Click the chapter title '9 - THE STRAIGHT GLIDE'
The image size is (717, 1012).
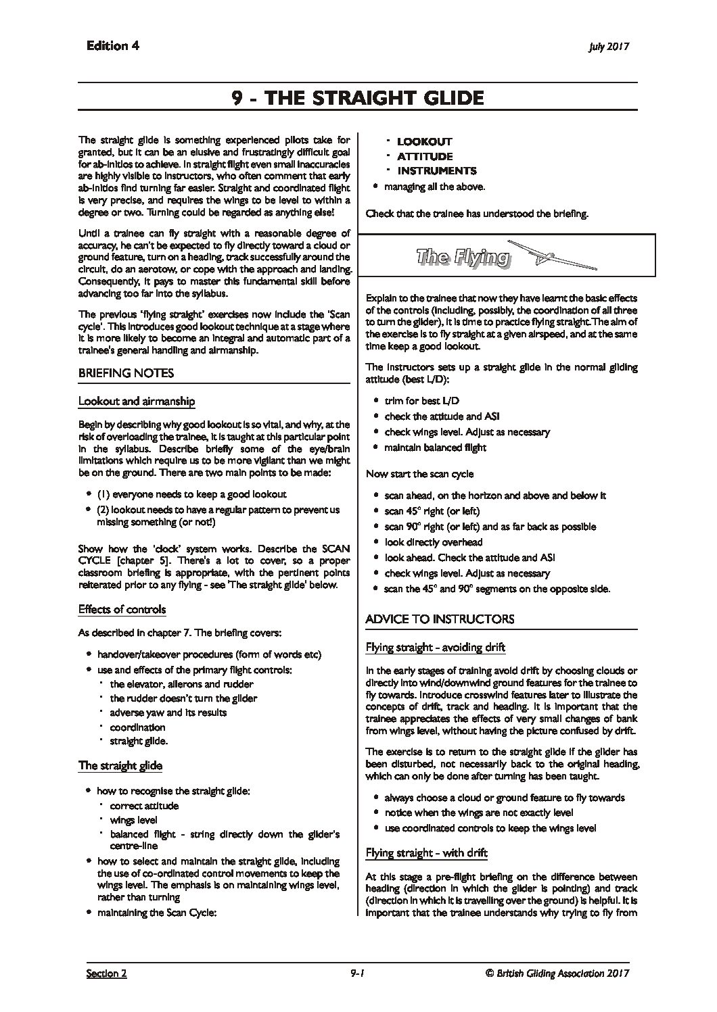(358, 98)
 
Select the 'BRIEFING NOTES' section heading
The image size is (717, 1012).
(126, 373)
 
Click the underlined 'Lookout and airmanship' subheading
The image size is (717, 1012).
(137, 401)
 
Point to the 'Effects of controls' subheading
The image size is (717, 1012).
(122, 609)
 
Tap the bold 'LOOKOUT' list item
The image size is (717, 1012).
(424, 142)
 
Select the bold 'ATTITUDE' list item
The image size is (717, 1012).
(425, 157)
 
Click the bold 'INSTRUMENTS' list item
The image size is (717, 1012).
(436, 171)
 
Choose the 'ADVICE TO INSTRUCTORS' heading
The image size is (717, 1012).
(440, 619)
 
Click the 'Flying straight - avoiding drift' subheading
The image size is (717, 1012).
(435, 648)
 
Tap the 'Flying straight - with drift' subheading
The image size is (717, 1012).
(426, 852)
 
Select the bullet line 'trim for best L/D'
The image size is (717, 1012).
(421, 401)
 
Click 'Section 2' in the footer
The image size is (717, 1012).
(106, 973)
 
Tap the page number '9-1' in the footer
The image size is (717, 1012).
(358, 973)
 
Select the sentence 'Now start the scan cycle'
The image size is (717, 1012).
(419, 474)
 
